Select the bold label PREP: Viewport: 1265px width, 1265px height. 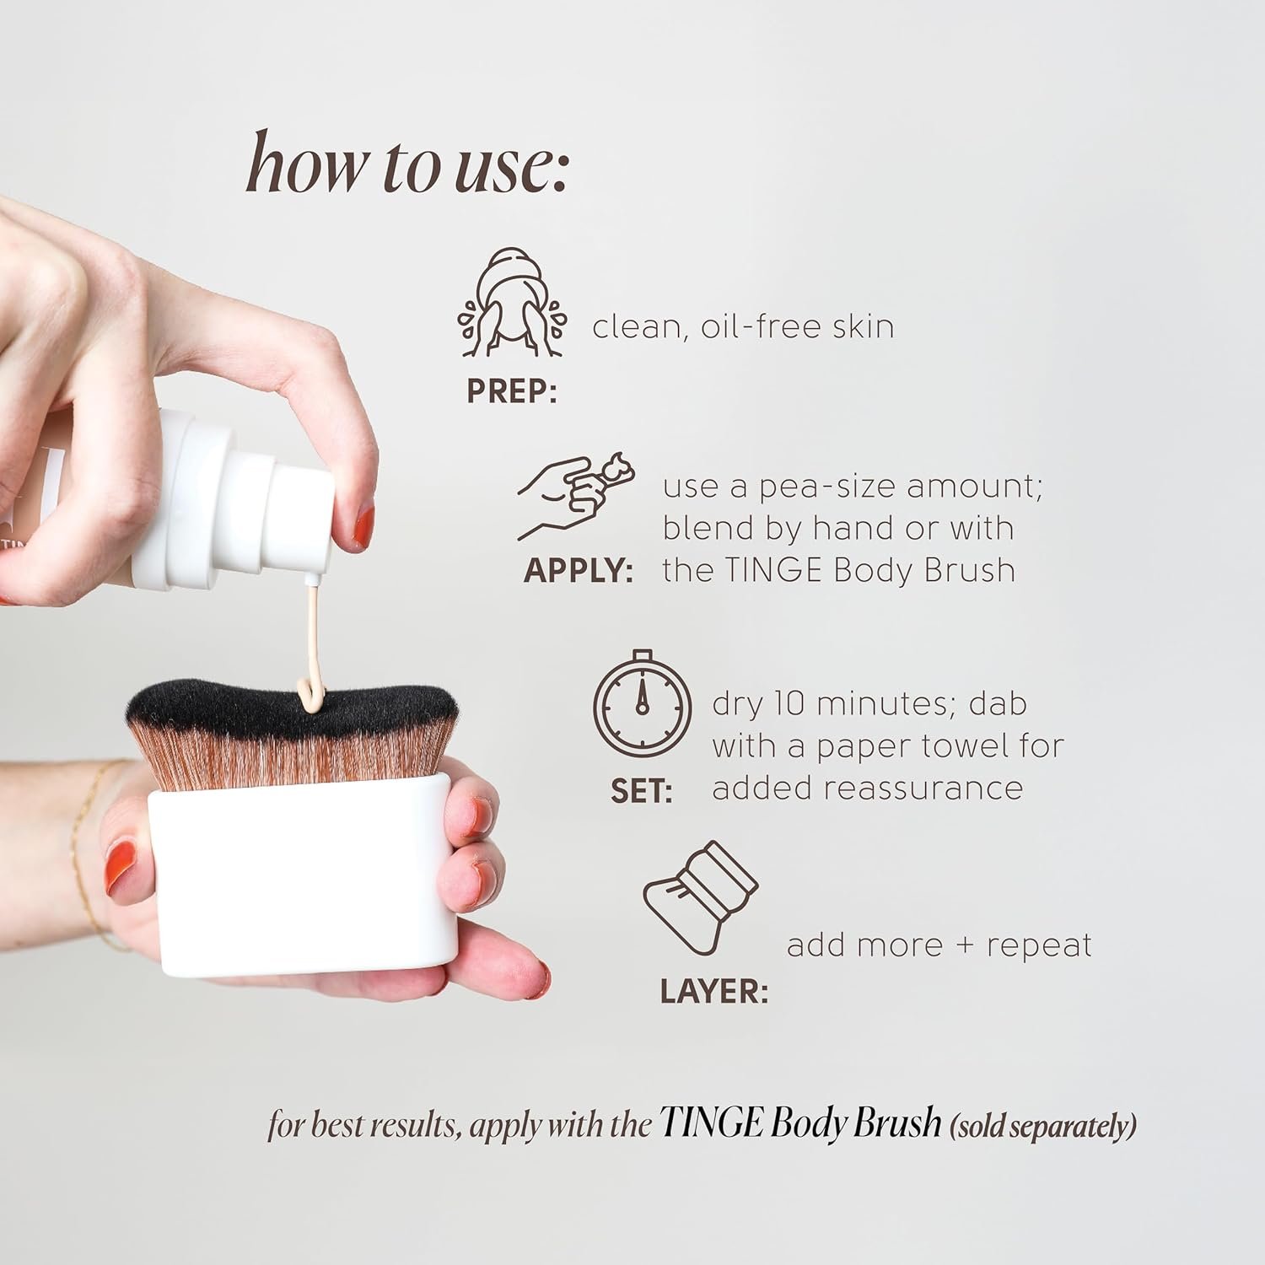pyautogui.click(x=511, y=393)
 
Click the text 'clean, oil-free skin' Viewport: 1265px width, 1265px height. pyautogui.click(x=743, y=327)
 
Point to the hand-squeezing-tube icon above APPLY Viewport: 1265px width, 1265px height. pyautogui.click(x=575, y=493)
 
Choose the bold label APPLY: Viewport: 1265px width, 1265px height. pyautogui.click(x=579, y=571)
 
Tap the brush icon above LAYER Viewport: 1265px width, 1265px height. pyautogui.click(x=699, y=900)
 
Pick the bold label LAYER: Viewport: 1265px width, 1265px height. pyautogui.click(x=713, y=992)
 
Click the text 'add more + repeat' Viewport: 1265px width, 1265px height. pyautogui.click(x=939, y=945)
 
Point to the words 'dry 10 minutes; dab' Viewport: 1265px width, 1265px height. pyautogui.click(x=869, y=703)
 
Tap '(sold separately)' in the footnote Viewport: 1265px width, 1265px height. pyautogui.click(x=1043, y=1126)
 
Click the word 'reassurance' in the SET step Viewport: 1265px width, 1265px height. pyautogui.click(x=923, y=788)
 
